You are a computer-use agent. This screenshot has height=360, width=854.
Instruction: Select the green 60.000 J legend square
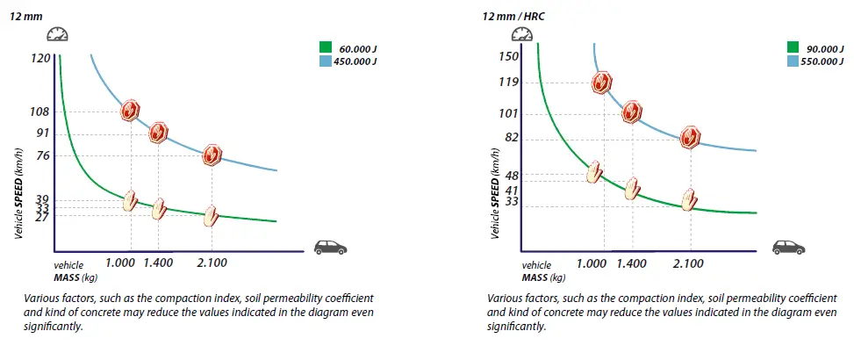click(325, 47)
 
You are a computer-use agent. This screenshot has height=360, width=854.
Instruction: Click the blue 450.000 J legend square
click(325, 61)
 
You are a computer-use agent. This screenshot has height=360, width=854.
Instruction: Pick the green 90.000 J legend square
click(793, 47)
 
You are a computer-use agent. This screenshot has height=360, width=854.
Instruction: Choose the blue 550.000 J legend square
click(793, 61)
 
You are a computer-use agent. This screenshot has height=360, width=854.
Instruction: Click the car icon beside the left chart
click(329, 248)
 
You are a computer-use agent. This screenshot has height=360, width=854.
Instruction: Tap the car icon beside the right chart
click(787, 248)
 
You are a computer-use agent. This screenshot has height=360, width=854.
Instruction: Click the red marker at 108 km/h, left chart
click(131, 110)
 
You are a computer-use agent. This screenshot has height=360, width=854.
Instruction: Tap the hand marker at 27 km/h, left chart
click(211, 216)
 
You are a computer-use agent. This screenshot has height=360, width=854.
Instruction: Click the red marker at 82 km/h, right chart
click(691, 137)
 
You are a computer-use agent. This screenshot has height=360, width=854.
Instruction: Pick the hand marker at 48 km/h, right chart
click(595, 172)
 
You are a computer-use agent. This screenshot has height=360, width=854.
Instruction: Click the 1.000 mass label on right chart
click(592, 263)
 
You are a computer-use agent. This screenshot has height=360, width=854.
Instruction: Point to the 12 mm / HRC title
click(514, 15)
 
